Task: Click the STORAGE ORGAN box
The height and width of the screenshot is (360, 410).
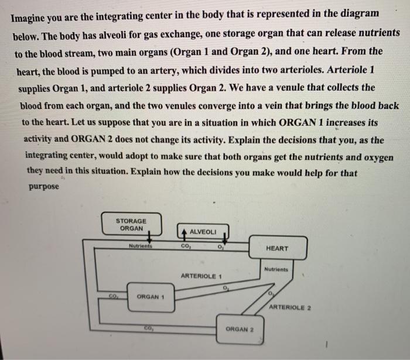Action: click(x=131, y=224)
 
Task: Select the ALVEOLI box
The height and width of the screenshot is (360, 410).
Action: click(x=203, y=232)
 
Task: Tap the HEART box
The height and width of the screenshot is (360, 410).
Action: click(x=277, y=248)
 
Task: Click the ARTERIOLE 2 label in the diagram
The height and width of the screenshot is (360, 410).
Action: click(x=290, y=307)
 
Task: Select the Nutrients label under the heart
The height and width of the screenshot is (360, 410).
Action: click(x=276, y=269)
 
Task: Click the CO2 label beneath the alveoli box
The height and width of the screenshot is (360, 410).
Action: click(x=184, y=246)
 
